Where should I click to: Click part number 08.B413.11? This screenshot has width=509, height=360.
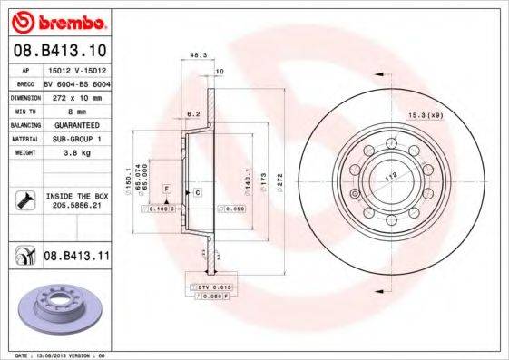click(77, 258)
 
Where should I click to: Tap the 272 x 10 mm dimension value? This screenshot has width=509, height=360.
click(76, 94)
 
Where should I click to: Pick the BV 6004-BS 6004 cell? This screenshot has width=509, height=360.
click(76, 82)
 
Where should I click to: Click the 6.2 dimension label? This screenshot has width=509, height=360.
click(192, 114)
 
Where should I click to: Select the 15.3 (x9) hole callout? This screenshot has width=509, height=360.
click(423, 114)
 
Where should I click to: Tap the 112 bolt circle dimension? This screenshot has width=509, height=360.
click(391, 178)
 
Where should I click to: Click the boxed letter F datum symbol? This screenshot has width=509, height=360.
click(168, 187)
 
